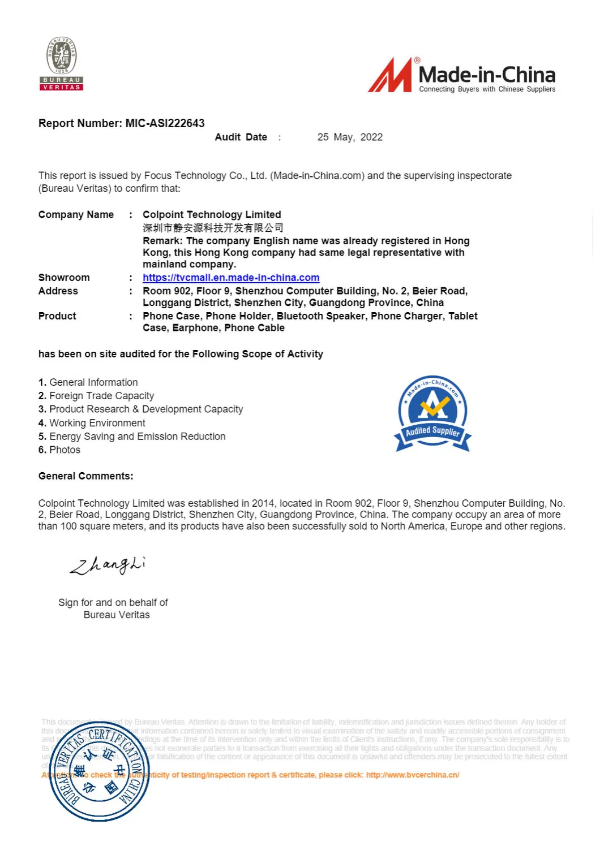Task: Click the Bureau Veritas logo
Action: tap(62, 63)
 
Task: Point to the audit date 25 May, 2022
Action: tap(350, 137)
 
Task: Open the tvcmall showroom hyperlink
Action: tap(231, 278)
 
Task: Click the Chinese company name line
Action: tap(213, 228)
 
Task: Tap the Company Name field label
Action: tap(76, 214)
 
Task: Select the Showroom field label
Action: tap(64, 278)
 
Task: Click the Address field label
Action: tap(58, 291)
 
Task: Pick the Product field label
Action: tap(57, 316)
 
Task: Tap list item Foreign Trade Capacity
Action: tap(101, 396)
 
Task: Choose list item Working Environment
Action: tap(97, 423)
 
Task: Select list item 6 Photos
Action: tap(59, 450)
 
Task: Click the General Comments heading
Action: tap(85, 476)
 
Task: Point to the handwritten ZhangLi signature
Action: tap(108, 564)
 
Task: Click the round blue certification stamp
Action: tap(99, 771)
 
